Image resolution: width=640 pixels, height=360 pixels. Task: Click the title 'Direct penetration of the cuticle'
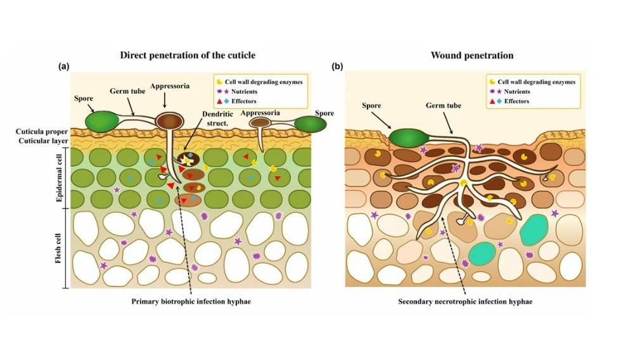pos(188,55)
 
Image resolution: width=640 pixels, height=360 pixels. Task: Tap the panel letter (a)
pos(63,66)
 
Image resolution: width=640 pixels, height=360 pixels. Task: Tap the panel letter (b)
pos(338,66)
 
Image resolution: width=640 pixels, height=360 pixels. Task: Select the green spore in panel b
pos(407,138)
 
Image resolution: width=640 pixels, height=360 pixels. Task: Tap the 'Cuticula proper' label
pos(43,131)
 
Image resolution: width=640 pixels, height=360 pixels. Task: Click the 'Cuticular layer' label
pos(43,141)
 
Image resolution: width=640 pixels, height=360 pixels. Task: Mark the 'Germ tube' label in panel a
pos(128,91)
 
